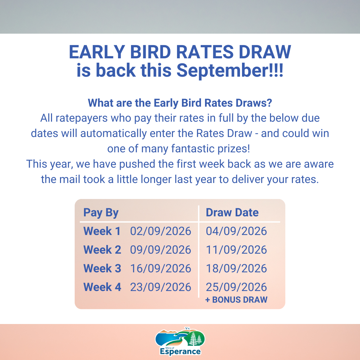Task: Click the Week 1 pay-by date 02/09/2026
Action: point(160,231)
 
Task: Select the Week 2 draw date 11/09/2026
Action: point(236,250)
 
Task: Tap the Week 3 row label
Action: point(102,268)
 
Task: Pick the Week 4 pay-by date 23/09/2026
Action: point(160,287)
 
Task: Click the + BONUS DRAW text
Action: point(236,300)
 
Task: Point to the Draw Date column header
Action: point(232,212)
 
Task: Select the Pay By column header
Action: point(101,213)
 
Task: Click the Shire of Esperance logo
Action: point(180,341)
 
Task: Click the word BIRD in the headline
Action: point(150,52)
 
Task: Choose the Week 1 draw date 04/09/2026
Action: point(236,231)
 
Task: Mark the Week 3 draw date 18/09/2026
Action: point(236,268)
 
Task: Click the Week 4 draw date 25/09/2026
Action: point(236,287)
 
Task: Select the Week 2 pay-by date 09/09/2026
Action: point(160,250)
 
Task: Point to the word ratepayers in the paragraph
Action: point(82,118)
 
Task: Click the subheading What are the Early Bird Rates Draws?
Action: point(180,103)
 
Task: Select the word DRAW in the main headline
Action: point(265,52)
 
